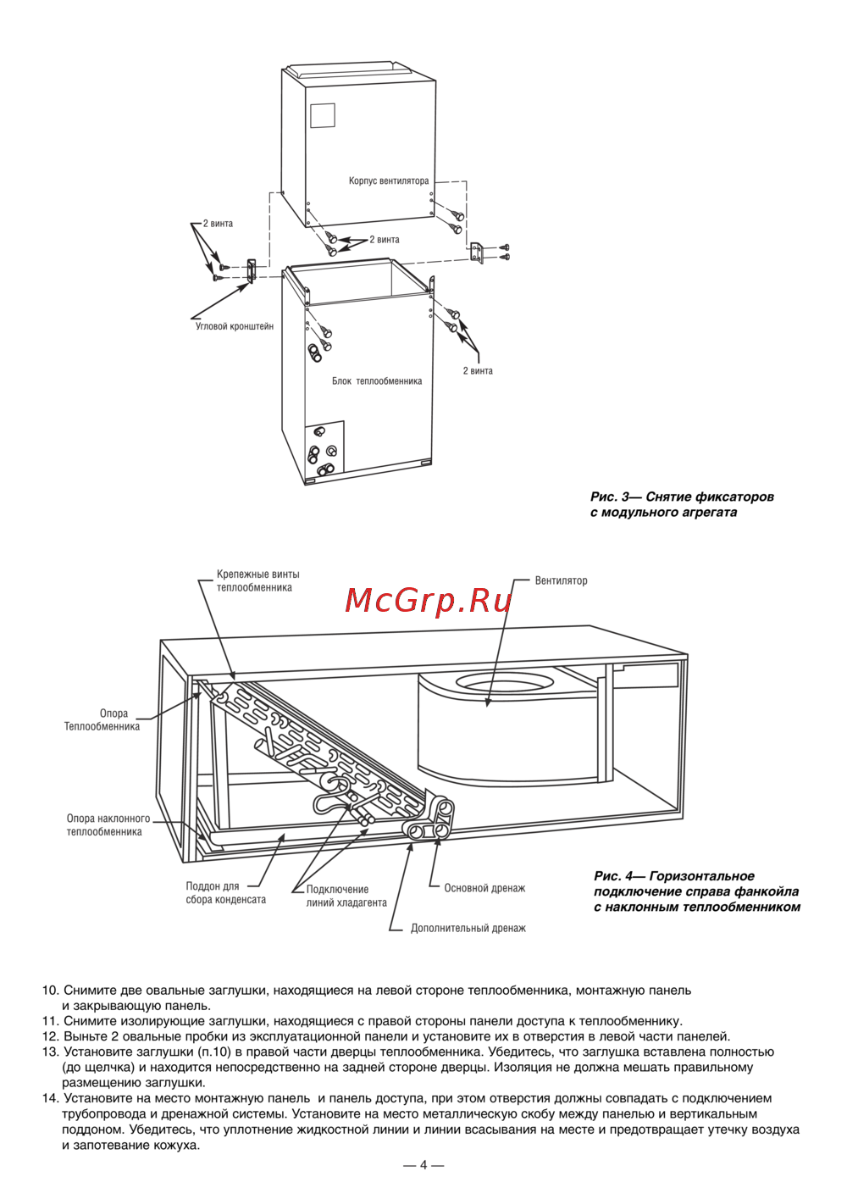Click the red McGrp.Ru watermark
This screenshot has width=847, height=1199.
pos(429,601)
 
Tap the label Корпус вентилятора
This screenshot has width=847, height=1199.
pos(389,181)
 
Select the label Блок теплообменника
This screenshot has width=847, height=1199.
pos(377,381)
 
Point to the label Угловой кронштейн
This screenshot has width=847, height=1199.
pos(235,326)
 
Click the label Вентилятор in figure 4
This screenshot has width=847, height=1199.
pos(561,580)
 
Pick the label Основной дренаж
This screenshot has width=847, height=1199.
pos(484,888)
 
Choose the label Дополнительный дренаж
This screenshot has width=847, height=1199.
pos(468,928)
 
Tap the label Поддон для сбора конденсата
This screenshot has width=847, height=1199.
pos(226,893)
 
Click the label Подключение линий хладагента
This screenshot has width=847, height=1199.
pos(346,896)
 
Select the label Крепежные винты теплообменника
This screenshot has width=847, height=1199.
pos(257,580)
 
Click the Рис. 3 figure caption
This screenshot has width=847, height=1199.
pos(682,504)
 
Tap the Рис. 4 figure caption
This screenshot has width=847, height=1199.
pos(697,891)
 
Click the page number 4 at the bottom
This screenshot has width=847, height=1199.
pos(423,1165)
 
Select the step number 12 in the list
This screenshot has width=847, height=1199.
pos(50,1036)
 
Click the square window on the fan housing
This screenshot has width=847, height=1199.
pos(323,115)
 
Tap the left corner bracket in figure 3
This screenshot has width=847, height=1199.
pos(251,269)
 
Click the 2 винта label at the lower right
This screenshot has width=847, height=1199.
pos(478,371)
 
